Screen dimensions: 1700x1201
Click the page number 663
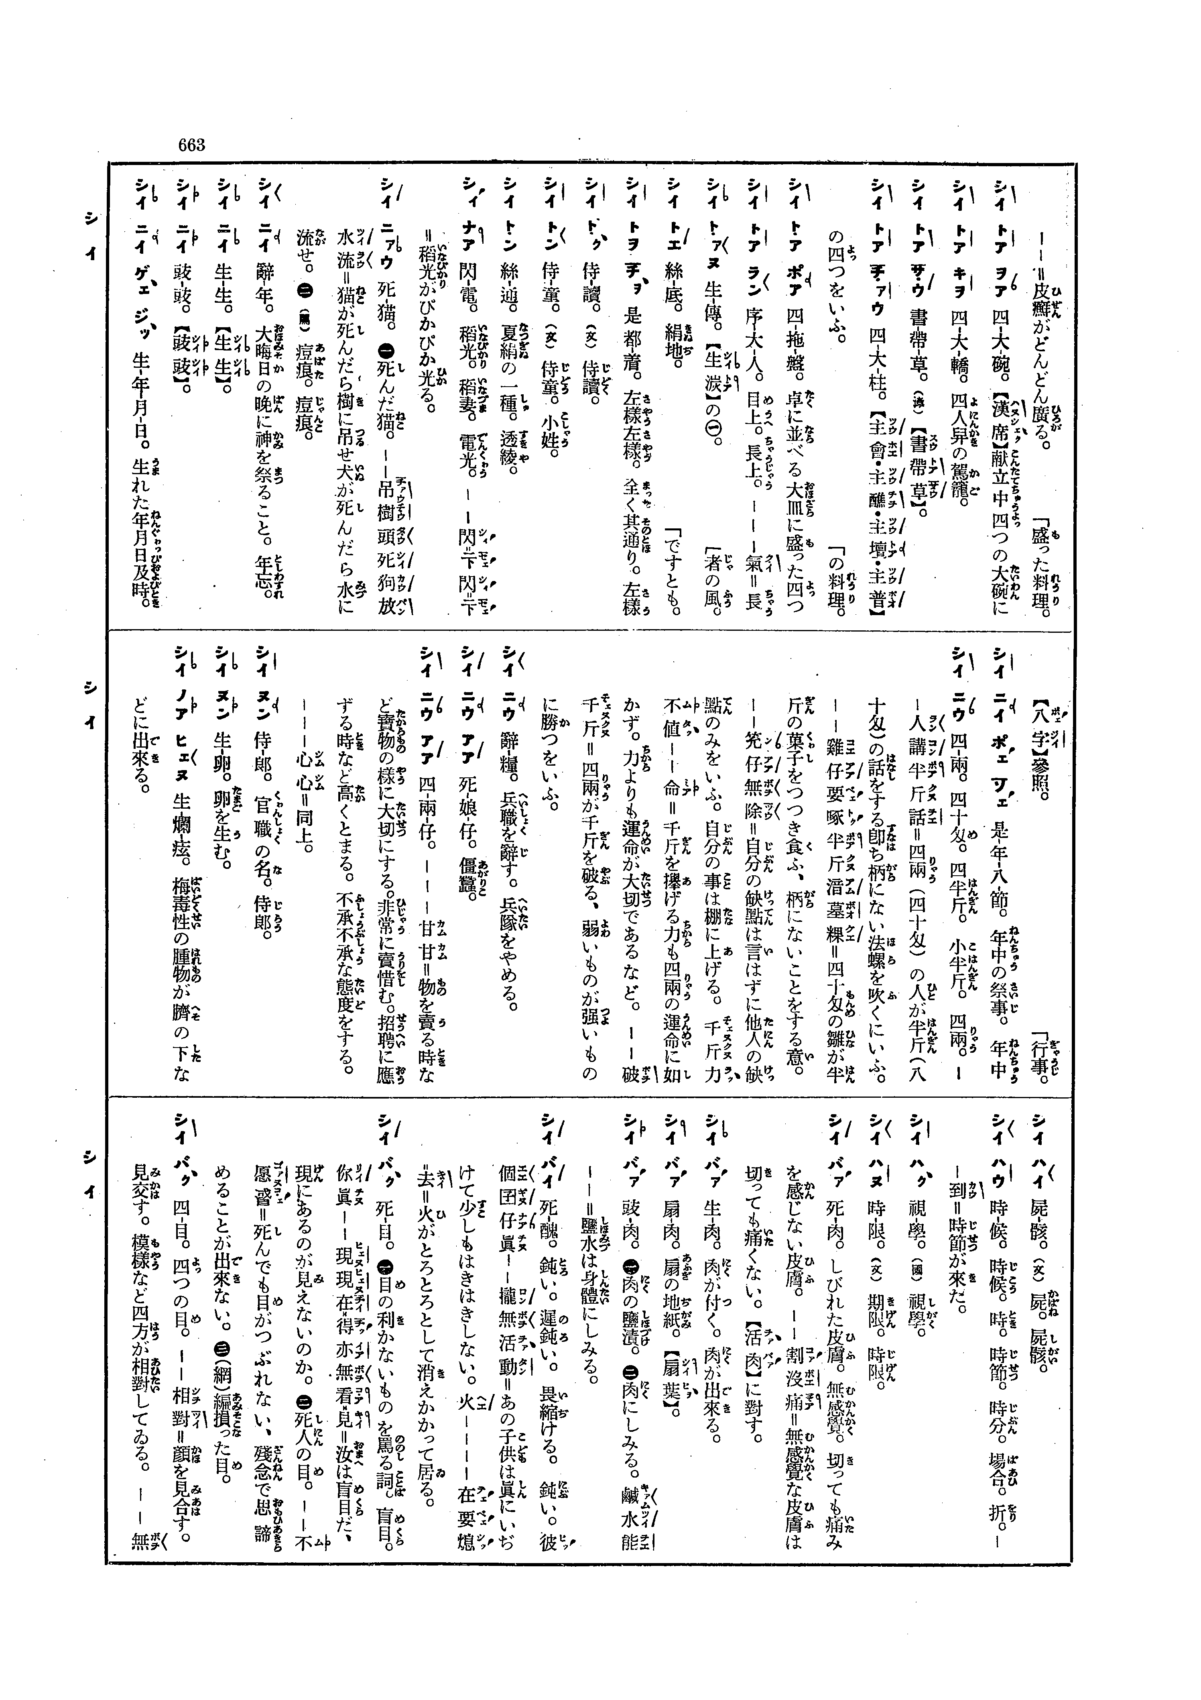click(x=191, y=145)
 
